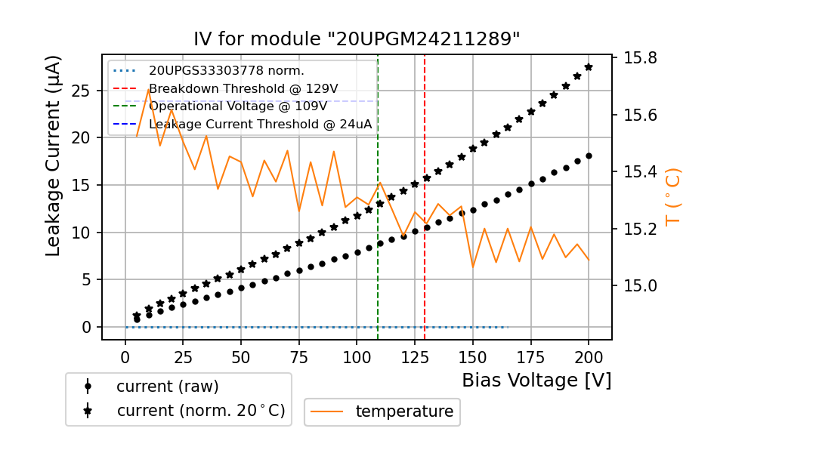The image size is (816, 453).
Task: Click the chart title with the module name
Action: [x=357, y=39]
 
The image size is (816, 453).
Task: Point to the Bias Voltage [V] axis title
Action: [x=536, y=381]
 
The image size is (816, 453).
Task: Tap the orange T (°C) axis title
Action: [x=673, y=196]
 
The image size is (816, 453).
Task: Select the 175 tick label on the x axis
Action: [x=531, y=356]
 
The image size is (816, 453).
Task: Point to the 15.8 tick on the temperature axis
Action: [x=639, y=58]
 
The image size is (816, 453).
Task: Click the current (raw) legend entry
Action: [x=167, y=387]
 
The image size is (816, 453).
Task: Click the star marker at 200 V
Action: [x=589, y=67]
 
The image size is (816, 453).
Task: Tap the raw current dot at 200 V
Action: [x=589, y=156]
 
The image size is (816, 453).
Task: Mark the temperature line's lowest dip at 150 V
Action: [x=473, y=267]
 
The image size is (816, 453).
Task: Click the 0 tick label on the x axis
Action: [x=125, y=356]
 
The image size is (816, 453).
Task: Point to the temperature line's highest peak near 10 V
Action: [x=149, y=88]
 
